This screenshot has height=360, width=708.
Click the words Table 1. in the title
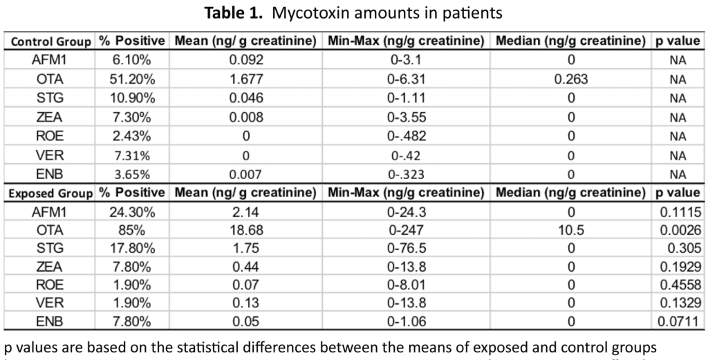(233, 12)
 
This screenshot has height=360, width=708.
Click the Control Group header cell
(50, 42)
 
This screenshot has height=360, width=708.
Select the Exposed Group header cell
(50, 193)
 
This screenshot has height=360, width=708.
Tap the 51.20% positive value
(132, 79)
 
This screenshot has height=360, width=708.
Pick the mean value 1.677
(245, 79)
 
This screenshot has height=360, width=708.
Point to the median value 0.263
(570, 79)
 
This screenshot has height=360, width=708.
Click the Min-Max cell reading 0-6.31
(406, 79)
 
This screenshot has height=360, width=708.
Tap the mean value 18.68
(245, 230)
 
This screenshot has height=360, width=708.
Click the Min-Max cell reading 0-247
(406, 230)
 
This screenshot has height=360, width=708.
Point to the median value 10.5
(570, 230)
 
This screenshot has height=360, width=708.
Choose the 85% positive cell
(132, 230)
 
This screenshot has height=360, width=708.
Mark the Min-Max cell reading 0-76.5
(406, 248)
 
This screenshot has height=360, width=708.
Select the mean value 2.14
(245, 212)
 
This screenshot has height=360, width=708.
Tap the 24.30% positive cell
(132, 212)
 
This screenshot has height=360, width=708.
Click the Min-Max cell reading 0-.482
(406, 136)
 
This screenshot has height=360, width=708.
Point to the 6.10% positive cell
(132, 59)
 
